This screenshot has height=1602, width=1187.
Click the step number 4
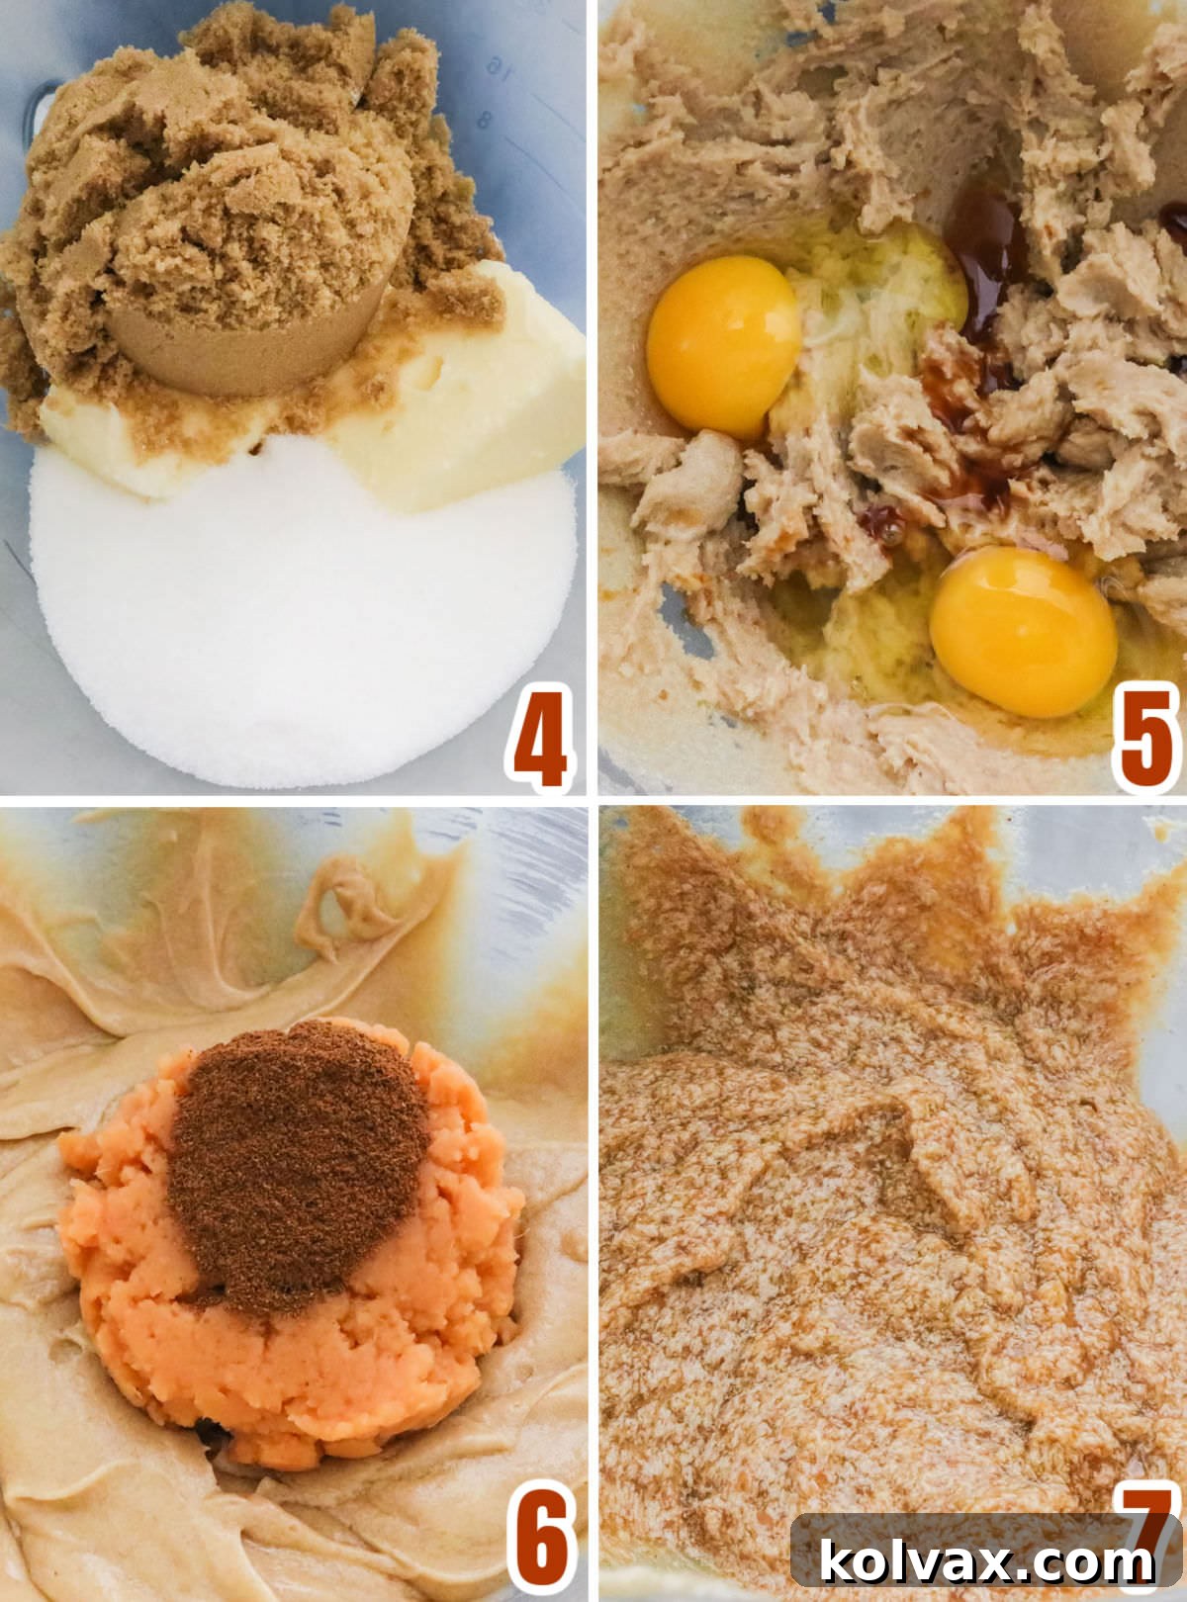tap(540, 740)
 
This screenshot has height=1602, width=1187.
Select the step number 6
tap(540, 1544)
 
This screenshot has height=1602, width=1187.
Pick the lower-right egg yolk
tap(1023, 631)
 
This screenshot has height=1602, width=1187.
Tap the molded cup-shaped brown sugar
tap(247, 326)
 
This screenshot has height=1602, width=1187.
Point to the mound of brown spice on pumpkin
tap(297, 1157)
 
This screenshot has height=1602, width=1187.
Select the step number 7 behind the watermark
tap(1147, 1518)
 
